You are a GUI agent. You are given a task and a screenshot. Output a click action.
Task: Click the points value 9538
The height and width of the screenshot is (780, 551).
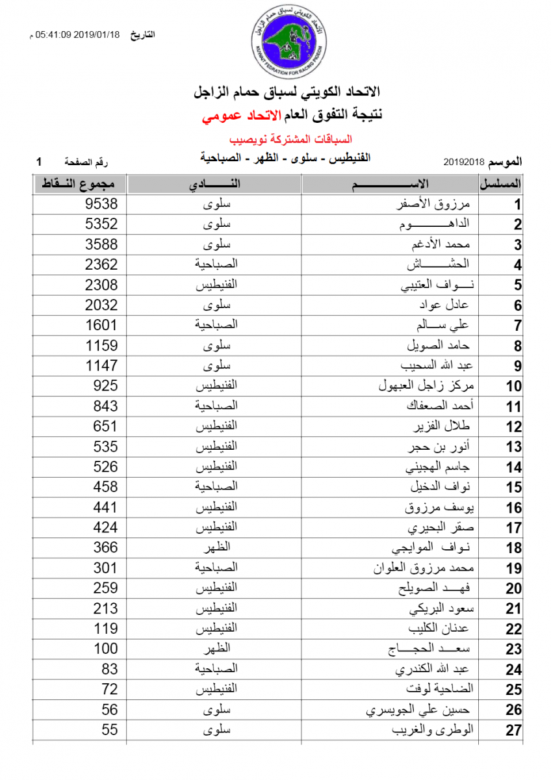click(102, 204)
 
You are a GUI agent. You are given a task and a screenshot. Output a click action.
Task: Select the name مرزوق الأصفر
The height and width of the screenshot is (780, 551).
click(436, 205)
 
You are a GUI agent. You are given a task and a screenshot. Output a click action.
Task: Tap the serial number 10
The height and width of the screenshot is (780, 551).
click(514, 387)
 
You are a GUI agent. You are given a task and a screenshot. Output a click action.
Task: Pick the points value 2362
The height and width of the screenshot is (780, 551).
click(102, 265)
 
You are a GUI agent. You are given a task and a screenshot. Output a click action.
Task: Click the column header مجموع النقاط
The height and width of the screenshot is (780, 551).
click(79, 185)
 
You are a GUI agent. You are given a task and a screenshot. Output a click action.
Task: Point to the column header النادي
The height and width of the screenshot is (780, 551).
click(214, 185)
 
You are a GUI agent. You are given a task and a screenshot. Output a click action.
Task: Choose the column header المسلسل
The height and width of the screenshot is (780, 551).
click(501, 185)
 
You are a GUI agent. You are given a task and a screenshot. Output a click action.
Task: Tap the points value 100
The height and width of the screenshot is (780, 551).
click(106, 649)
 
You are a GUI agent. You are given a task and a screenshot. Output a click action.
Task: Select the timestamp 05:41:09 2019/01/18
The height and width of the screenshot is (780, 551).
click(78, 34)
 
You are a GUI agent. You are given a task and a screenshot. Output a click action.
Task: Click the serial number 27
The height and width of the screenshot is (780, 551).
click(514, 731)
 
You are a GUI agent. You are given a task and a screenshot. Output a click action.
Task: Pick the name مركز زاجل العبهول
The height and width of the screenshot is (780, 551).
click(426, 386)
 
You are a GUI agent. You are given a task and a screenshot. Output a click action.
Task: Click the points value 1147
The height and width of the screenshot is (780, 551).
click(102, 366)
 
